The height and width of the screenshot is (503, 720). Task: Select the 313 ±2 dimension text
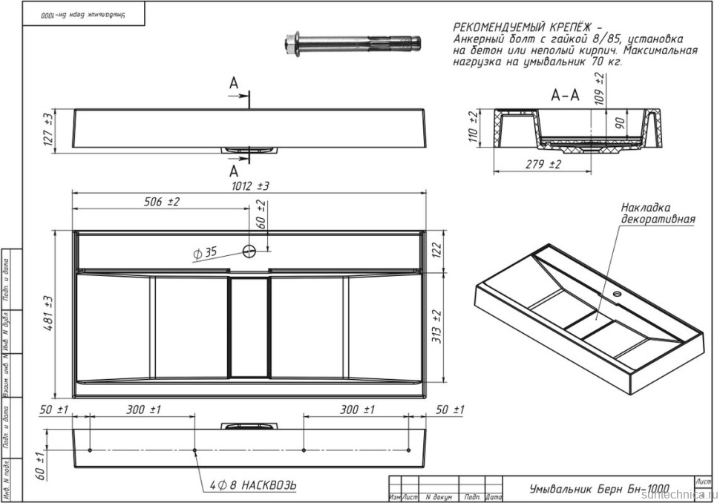[437, 327]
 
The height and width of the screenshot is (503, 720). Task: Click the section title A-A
[565, 96]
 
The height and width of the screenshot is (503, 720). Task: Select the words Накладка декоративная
[658, 213]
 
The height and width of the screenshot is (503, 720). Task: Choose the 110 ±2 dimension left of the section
[473, 125]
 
